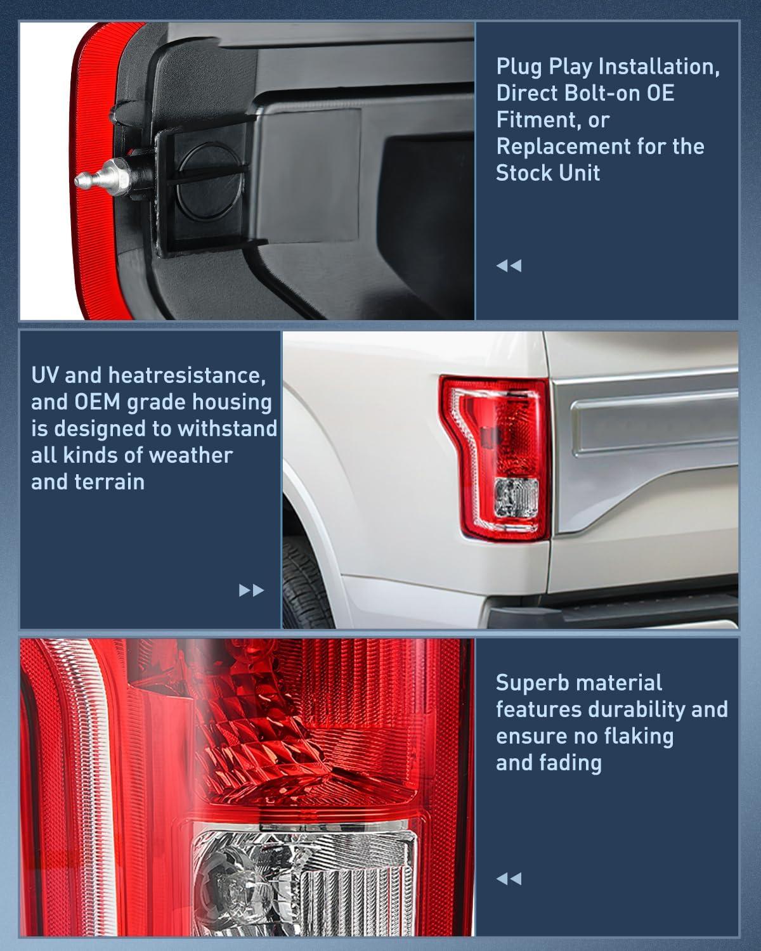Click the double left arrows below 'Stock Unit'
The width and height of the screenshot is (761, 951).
click(509, 266)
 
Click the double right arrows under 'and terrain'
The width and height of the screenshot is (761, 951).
click(251, 591)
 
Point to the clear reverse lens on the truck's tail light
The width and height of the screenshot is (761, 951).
click(516, 496)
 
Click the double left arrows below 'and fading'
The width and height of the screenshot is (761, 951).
click(509, 879)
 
